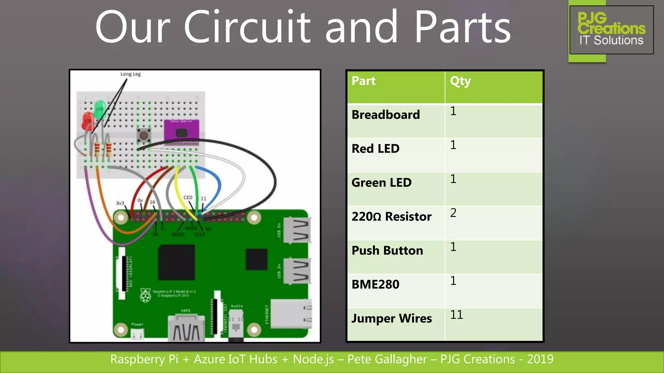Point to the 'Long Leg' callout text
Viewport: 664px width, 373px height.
(x=130, y=74)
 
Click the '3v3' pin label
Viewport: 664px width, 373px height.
(x=120, y=203)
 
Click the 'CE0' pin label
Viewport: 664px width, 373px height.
(x=188, y=198)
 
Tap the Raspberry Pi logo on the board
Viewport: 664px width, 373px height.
(x=145, y=295)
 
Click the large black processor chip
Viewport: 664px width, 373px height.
(x=176, y=262)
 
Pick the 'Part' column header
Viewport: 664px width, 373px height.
(x=363, y=81)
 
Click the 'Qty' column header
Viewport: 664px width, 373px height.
(x=460, y=81)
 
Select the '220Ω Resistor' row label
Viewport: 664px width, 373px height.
(x=391, y=216)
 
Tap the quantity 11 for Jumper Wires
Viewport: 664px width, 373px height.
(x=456, y=315)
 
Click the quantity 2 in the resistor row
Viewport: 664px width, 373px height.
(x=453, y=213)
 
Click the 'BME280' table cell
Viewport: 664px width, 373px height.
(x=375, y=284)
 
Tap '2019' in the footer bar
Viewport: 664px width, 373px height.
(x=540, y=359)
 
